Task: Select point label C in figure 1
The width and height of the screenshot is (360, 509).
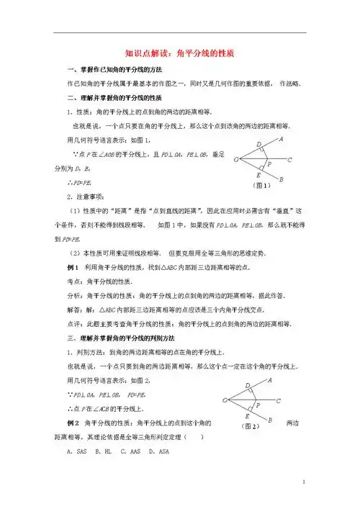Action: tap(289, 160)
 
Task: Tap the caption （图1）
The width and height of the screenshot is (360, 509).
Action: tap(261, 185)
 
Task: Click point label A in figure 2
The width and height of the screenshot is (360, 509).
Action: tap(269, 379)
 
